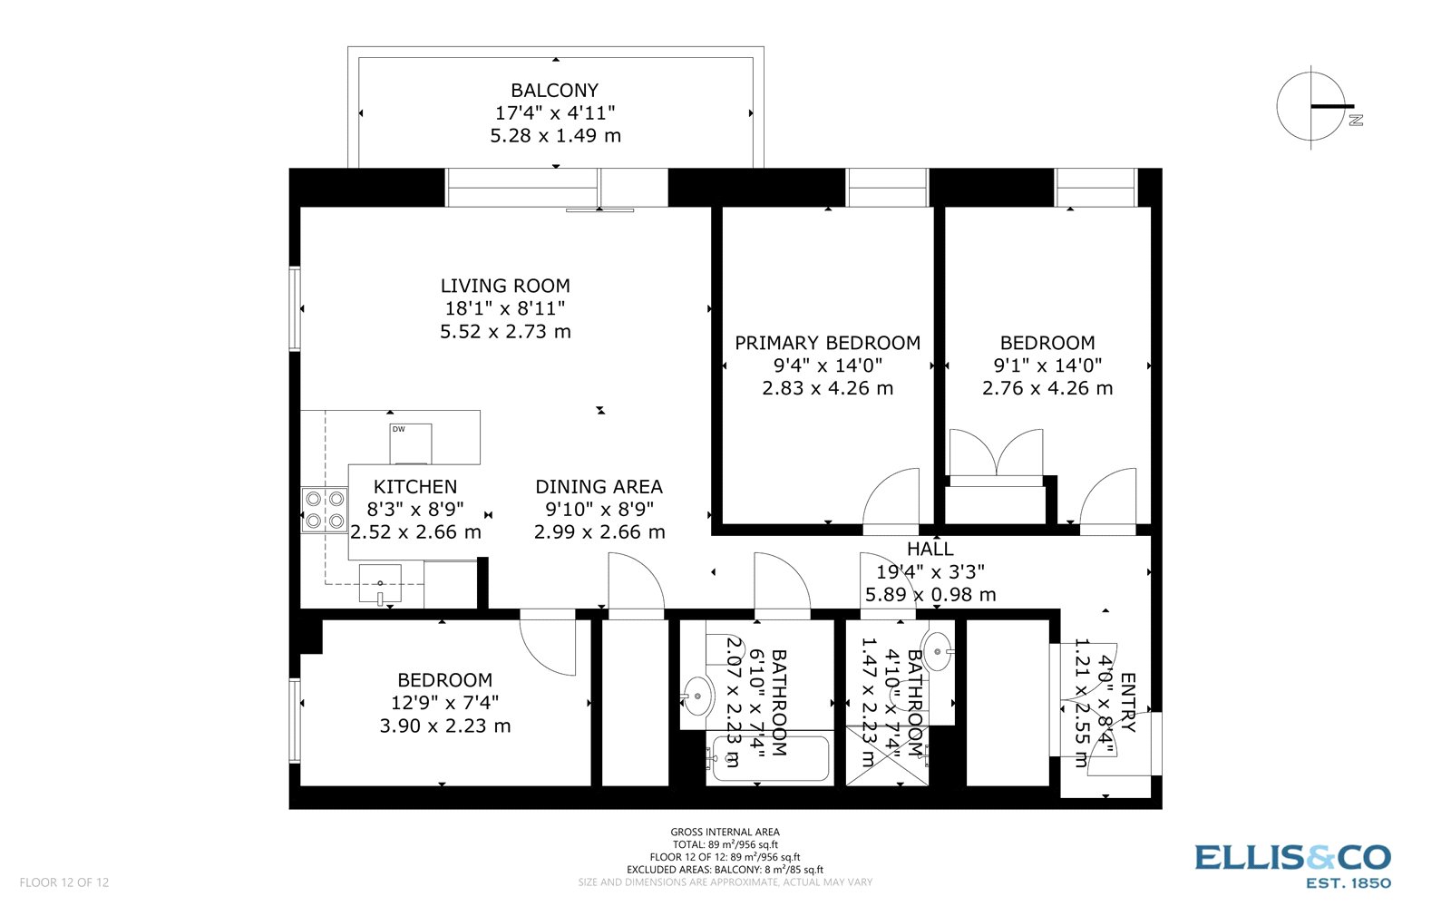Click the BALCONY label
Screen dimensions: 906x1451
[x=554, y=91]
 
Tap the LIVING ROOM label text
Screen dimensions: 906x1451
[x=505, y=286]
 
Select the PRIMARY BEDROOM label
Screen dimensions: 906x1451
[x=827, y=343]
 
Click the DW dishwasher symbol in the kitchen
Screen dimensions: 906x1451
[x=410, y=443]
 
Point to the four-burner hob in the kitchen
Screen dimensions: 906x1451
[x=325, y=510]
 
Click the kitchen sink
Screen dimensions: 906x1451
[x=381, y=582]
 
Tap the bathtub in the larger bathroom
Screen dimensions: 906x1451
[x=770, y=758]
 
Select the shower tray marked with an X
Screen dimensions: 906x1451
[x=887, y=755]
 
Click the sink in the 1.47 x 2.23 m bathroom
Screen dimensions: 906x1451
[x=939, y=651]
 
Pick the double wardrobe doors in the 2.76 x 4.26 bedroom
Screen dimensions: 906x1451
[x=996, y=453]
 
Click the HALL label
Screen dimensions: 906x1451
[x=930, y=549]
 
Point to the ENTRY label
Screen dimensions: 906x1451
[x=1127, y=702]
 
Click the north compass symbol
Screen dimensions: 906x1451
[x=1311, y=106]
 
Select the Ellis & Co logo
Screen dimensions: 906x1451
[x=1292, y=864]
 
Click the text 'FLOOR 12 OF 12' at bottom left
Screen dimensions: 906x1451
[x=64, y=882]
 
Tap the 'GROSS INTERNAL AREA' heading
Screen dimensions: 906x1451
[x=725, y=832]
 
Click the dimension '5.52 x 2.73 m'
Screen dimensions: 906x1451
[x=505, y=332]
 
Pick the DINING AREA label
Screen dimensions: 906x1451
[x=599, y=487]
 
